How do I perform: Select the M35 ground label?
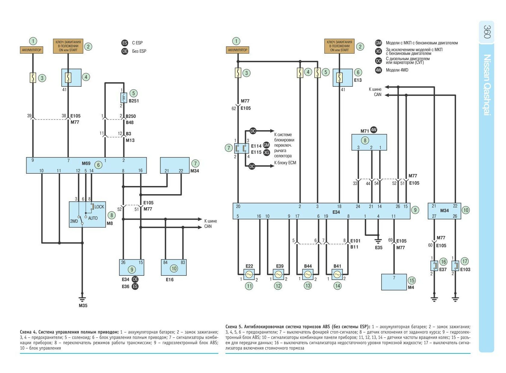(83, 306)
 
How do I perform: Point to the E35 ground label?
(379, 247)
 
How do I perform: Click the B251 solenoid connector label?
(134, 101)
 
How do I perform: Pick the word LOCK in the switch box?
(99, 207)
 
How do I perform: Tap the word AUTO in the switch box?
(93, 218)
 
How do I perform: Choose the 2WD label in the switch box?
(74, 221)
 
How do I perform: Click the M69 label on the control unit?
(86, 163)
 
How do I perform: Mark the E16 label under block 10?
(170, 280)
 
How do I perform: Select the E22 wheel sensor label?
(249, 266)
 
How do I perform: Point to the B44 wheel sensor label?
(308, 266)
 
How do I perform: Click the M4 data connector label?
(411, 288)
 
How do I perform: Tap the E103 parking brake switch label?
(465, 269)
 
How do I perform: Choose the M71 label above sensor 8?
(365, 131)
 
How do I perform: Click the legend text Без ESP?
(139, 51)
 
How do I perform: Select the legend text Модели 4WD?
(397, 70)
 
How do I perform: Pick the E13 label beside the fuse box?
(358, 80)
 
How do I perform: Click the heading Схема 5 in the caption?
(234, 327)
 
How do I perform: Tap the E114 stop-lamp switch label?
(256, 146)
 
